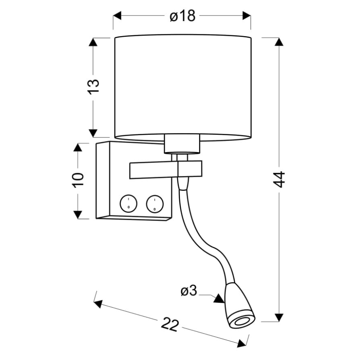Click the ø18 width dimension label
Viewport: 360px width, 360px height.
182,16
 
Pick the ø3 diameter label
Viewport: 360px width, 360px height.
189,292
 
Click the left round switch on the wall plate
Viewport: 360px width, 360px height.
128,204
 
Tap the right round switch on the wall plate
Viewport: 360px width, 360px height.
154,204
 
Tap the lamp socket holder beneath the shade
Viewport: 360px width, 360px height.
182,144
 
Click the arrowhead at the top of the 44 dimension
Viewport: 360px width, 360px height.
279,41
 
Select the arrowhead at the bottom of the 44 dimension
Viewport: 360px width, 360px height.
279,317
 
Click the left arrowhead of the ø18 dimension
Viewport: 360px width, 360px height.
117,16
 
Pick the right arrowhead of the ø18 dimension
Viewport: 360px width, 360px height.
247,16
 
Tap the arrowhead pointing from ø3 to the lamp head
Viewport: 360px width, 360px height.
219,298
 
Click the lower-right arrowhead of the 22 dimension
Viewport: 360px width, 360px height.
242,343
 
